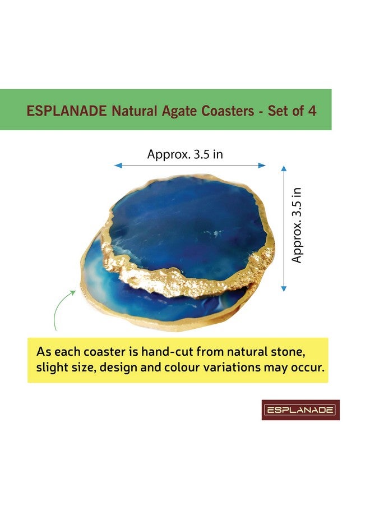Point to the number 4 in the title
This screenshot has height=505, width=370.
coord(312,111)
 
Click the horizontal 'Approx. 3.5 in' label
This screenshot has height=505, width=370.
coord(185,154)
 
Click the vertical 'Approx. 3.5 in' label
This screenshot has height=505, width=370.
coord(297,225)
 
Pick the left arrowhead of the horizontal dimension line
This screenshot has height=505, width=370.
coord(117,166)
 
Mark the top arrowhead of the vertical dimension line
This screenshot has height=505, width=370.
coord(284,169)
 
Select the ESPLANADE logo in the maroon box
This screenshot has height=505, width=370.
coord(300,410)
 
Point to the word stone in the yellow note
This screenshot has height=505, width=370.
coord(293,352)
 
